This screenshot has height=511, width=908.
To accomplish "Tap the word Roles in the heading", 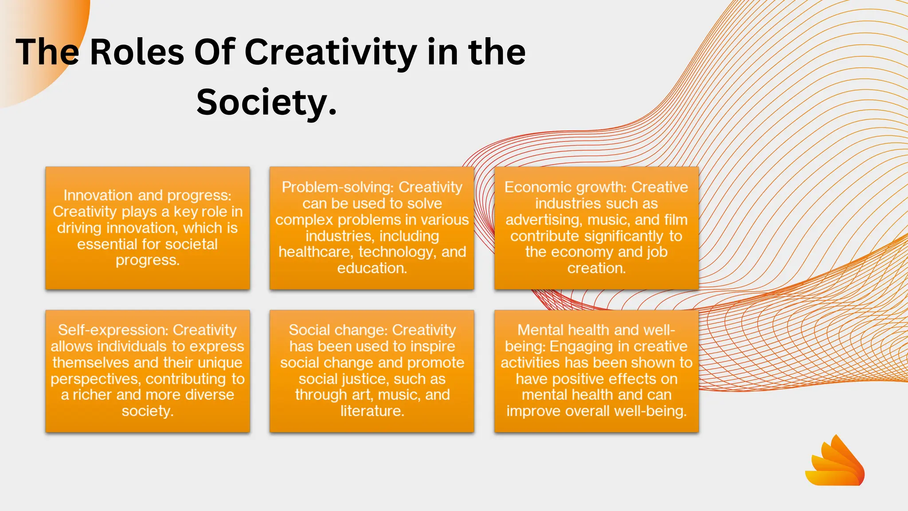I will [x=137, y=52].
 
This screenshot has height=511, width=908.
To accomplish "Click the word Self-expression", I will [x=113, y=330].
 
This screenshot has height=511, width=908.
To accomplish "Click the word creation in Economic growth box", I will [x=596, y=268].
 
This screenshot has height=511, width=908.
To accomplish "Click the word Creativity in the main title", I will [x=331, y=52].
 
